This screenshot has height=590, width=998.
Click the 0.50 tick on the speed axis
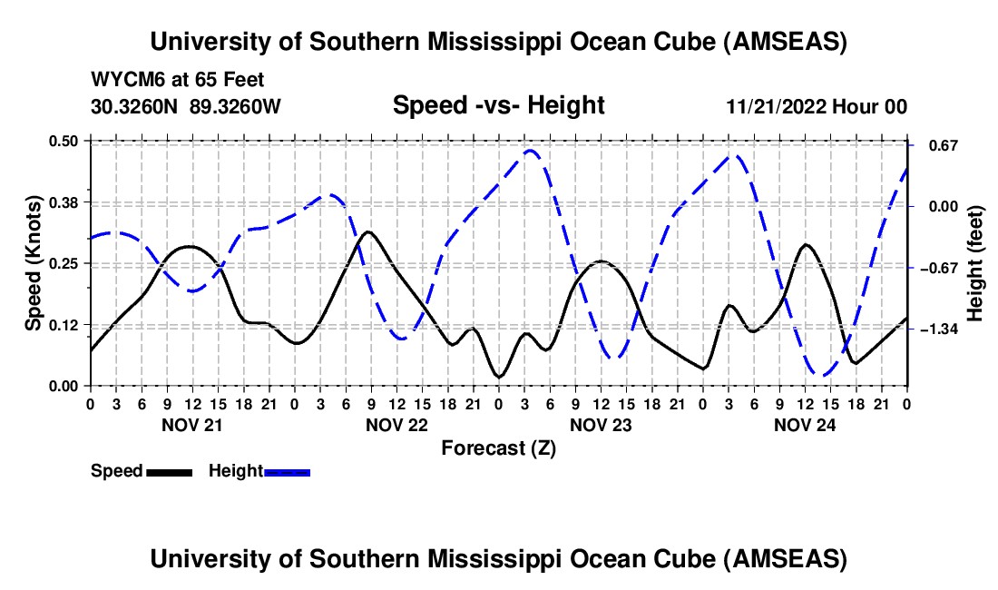[65, 141]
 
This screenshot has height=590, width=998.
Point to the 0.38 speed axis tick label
[65, 202]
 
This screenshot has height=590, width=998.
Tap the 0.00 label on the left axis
[65, 386]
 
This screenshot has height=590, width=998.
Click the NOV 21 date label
[191, 424]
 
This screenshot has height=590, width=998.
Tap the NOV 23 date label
[600, 424]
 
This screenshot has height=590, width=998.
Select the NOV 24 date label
[804, 424]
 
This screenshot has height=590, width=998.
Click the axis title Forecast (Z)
[498, 447]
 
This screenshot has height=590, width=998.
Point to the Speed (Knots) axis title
[34, 263]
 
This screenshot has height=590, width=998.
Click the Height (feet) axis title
[975, 263]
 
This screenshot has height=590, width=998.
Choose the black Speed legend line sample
[168, 471]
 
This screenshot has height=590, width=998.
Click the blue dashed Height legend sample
[287, 471]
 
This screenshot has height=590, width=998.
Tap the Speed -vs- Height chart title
[498, 105]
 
